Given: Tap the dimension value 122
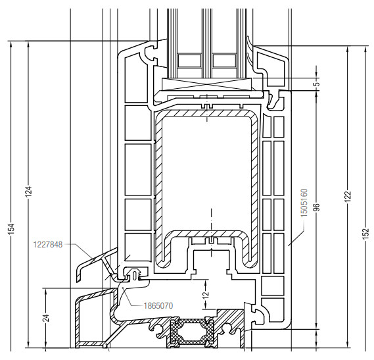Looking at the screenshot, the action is point(348,197).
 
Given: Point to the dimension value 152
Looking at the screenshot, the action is point(366,234).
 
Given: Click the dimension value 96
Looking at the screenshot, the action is point(317,207).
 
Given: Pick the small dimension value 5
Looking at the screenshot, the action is point(317,84).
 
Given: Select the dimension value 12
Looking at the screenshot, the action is point(206,294).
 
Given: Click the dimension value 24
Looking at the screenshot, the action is point(47,318).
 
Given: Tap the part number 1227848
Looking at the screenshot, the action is point(48,245).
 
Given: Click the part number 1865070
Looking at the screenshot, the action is point(158,305).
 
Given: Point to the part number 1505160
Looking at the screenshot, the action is point(304,203).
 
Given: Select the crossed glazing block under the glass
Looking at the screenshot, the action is point(207,84).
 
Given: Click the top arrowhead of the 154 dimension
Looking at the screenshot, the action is point(11,43).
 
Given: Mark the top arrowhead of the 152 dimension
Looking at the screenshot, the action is point(365,49).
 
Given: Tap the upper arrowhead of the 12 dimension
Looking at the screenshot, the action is point(206,282).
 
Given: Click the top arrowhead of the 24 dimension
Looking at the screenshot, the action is point(45,290).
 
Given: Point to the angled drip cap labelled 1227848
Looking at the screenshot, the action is point(95,263).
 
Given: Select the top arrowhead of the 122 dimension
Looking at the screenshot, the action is point(348,49).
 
